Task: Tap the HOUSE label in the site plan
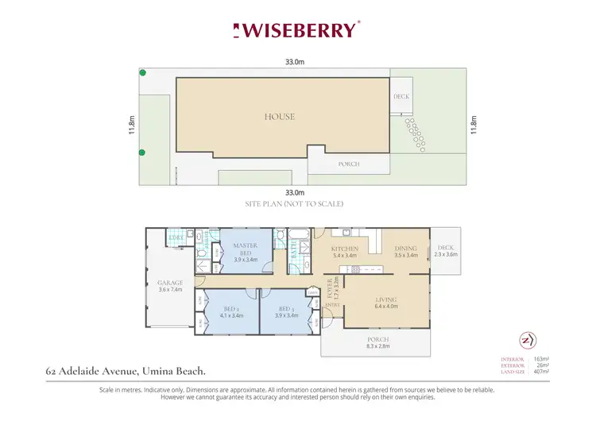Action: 279,117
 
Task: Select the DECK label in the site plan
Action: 401,97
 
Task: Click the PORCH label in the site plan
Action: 349,164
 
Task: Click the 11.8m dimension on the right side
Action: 474,126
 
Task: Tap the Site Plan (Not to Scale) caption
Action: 294,204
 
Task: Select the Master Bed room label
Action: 245,252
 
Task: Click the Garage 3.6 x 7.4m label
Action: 169,286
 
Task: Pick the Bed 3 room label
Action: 286,312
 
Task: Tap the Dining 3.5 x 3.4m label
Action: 405,252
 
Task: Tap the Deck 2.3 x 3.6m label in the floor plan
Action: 445,251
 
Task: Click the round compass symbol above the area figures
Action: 526,340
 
